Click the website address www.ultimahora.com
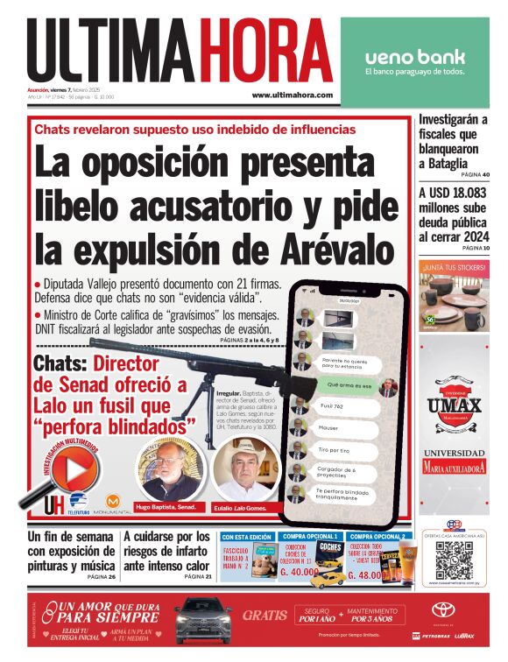click(x=292, y=95)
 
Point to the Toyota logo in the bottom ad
click(x=444, y=609)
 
